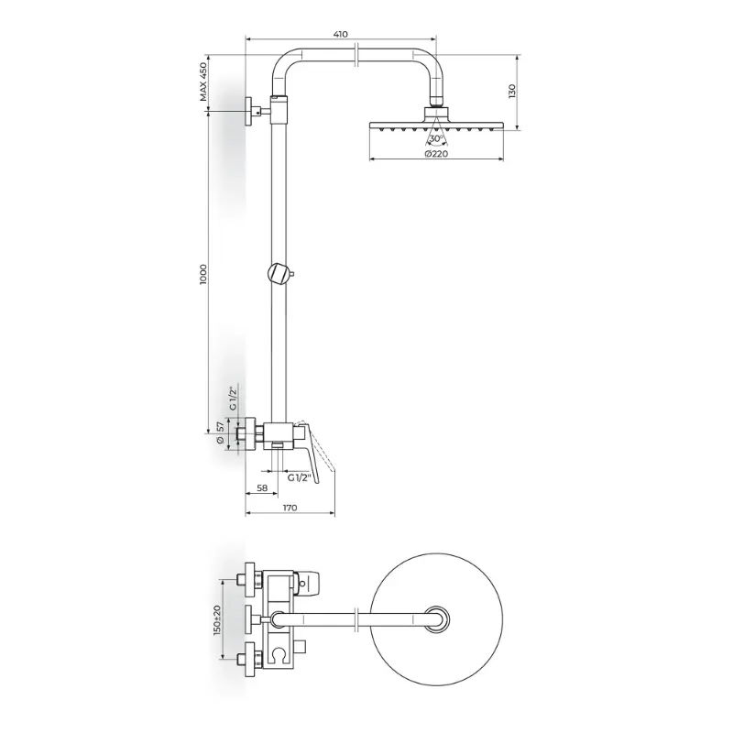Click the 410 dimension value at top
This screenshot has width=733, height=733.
pyautogui.click(x=340, y=34)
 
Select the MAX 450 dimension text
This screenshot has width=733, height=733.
pyautogui.click(x=202, y=82)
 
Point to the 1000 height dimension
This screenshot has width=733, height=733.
pyautogui.click(x=202, y=275)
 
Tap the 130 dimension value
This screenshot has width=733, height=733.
pyautogui.click(x=512, y=91)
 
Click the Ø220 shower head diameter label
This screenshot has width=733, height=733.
pyautogui.click(x=436, y=154)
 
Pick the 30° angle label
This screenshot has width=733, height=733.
pyautogui.click(x=437, y=138)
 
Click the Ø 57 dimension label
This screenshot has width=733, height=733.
pyautogui.click(x=221, y=432)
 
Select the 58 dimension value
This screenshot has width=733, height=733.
pyautogui.click(x=262, y=487)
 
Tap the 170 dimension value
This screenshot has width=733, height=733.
pyautogui.click(x=290, y=508)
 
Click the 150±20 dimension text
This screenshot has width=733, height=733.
pyautogui.click(x=216, y=620)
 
